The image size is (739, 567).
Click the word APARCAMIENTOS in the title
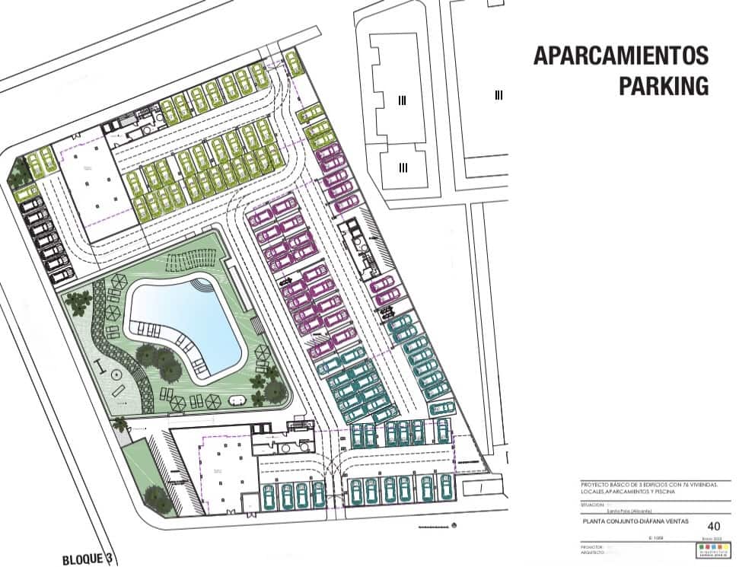point(620,56)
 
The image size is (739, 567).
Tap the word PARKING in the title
point(663,85)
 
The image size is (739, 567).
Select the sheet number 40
point(713,526)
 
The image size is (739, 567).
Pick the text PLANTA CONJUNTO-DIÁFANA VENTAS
point(635,521)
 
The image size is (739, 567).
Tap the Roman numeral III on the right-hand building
point(499,95)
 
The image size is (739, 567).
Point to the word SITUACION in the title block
point(593,504)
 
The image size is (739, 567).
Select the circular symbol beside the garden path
point(116,376)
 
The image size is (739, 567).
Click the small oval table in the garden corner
point(235,399)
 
